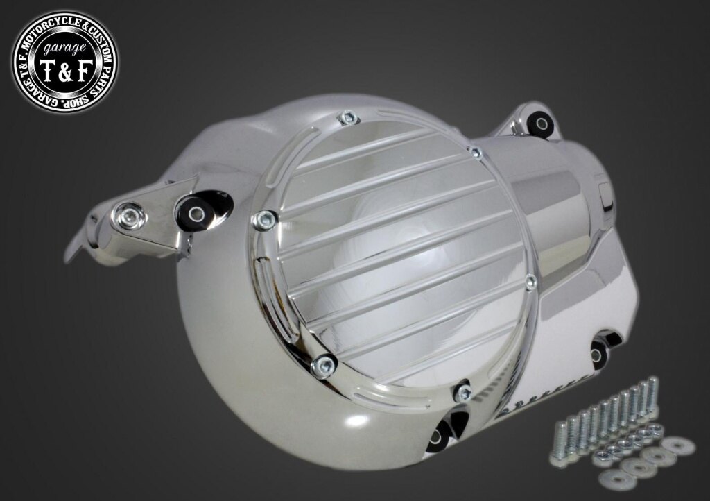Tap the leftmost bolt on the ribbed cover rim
coord(265,220)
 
